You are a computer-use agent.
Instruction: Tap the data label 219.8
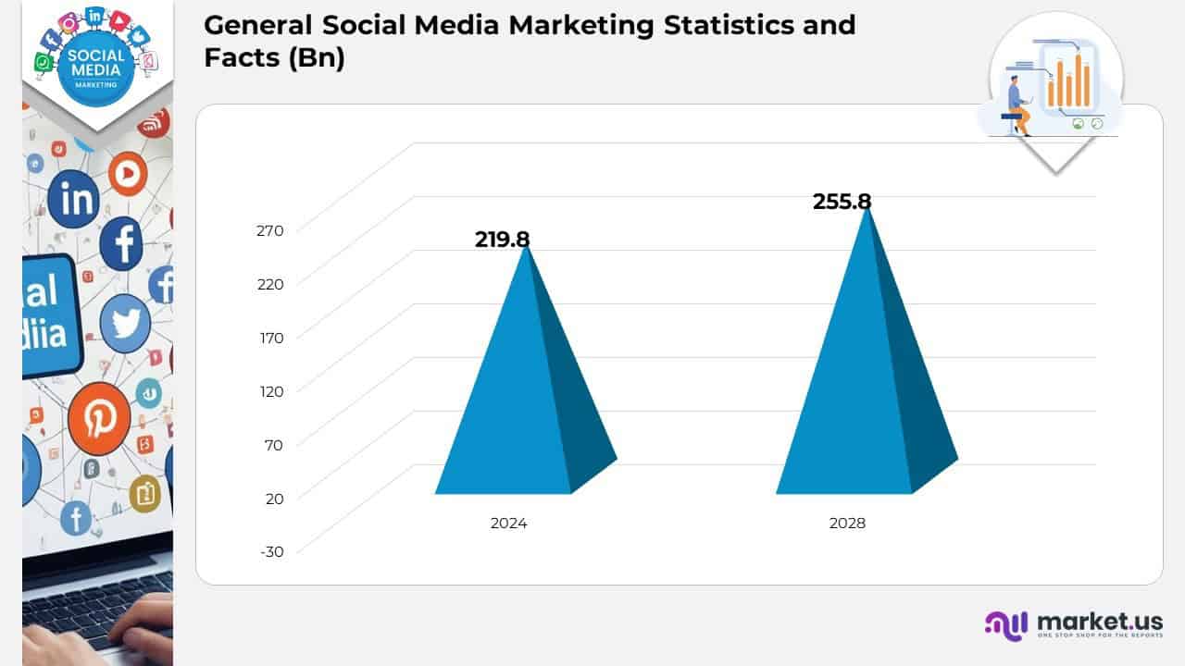(x=502, y=240)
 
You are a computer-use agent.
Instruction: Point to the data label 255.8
(x=842, y=202)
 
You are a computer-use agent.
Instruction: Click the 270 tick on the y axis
(x=270, y=230)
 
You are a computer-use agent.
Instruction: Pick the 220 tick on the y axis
(x=270, y=284)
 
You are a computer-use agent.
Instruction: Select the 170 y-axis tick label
(x=270, y=338)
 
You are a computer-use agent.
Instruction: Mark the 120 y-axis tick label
(x=270, y=391)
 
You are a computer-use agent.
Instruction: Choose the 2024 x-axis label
(x=508, y=524)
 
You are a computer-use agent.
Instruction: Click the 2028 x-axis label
(x=847, y=524)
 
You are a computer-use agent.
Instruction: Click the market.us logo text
(x=1099, y=621)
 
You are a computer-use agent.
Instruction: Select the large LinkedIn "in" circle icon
(x=73, y=199)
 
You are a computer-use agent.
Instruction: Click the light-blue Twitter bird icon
(x=125, y=324)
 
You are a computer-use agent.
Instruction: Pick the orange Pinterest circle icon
(x=98, y=419)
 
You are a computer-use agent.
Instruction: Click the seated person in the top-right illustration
(x=1017, y=104)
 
